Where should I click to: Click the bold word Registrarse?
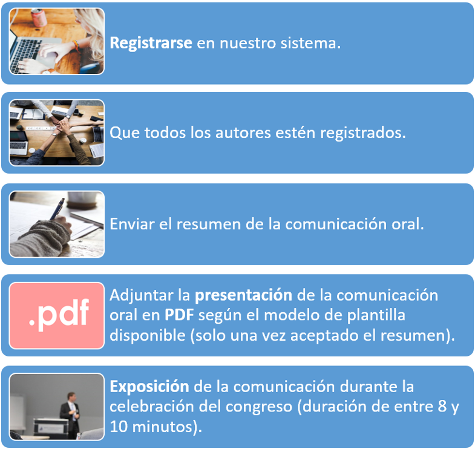tap(151, 44)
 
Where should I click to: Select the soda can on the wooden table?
tap(39, 17)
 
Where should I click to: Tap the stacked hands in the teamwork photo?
tap(62, 125)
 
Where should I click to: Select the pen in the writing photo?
tap(57, 209)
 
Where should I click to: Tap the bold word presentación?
tap(243, 296)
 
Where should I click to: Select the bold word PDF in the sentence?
tap(179, 315)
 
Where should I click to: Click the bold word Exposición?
tap(149, 387)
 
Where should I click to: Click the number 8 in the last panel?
tap(442, 406)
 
